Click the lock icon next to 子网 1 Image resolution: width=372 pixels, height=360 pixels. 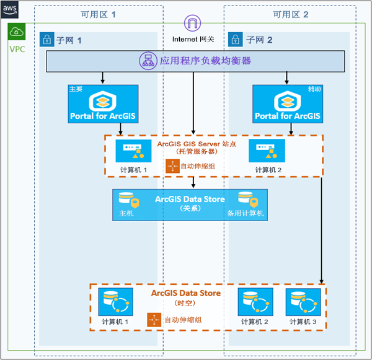pyautogui.click(x=46, y=40)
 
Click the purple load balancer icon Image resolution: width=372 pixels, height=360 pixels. pyautogui.click(x=149, y=61)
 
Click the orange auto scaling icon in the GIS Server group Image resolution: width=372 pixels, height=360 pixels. pyautogui.click(x=172, y=166)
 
